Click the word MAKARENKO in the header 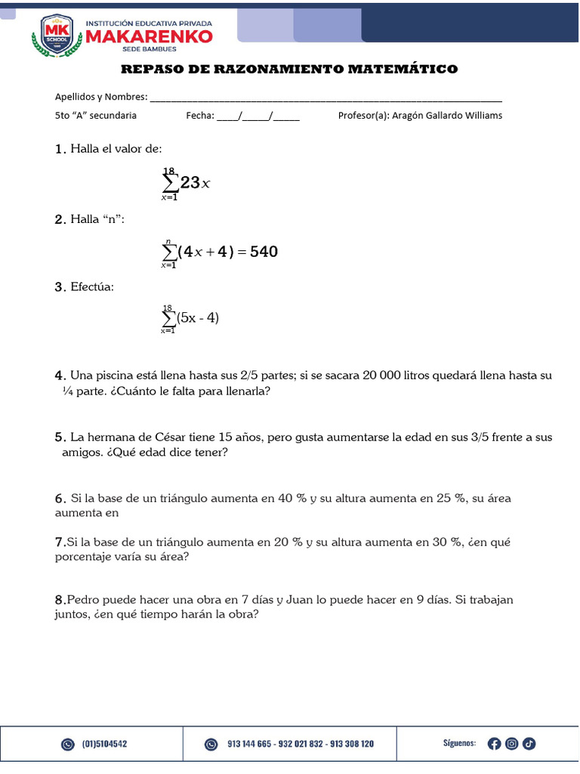148,36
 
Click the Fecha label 200,116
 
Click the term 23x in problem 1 195,182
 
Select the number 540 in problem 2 264,252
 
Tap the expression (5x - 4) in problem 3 198,318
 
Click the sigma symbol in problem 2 168,252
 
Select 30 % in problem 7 446,543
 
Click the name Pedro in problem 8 83,600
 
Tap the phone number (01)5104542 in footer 104,744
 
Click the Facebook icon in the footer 494,744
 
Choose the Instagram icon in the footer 511,744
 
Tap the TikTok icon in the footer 529,744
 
